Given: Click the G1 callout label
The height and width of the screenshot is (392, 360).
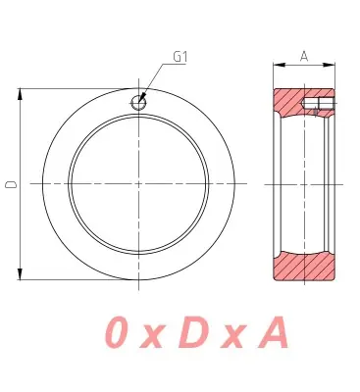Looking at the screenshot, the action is [x=180, y=57].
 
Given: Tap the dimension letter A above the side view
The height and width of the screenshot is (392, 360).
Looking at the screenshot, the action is [x=304, y=56].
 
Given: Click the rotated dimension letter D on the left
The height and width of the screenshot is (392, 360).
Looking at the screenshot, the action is [x=11, y=184].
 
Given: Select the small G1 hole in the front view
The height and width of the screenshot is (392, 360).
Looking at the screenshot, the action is [x=138, y=103].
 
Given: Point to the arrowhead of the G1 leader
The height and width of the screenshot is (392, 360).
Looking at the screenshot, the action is [x=142, y=98].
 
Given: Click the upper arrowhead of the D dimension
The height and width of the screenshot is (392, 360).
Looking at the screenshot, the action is [x=21, y=94].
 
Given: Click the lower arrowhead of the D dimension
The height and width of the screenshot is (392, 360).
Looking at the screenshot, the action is [x=21, y=274].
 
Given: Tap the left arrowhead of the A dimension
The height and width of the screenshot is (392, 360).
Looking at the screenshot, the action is [x=279, y=65].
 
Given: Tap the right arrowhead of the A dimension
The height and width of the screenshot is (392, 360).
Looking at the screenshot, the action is [x=330, y=65].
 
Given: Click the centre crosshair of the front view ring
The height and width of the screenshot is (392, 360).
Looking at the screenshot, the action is [x=138, y=184].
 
